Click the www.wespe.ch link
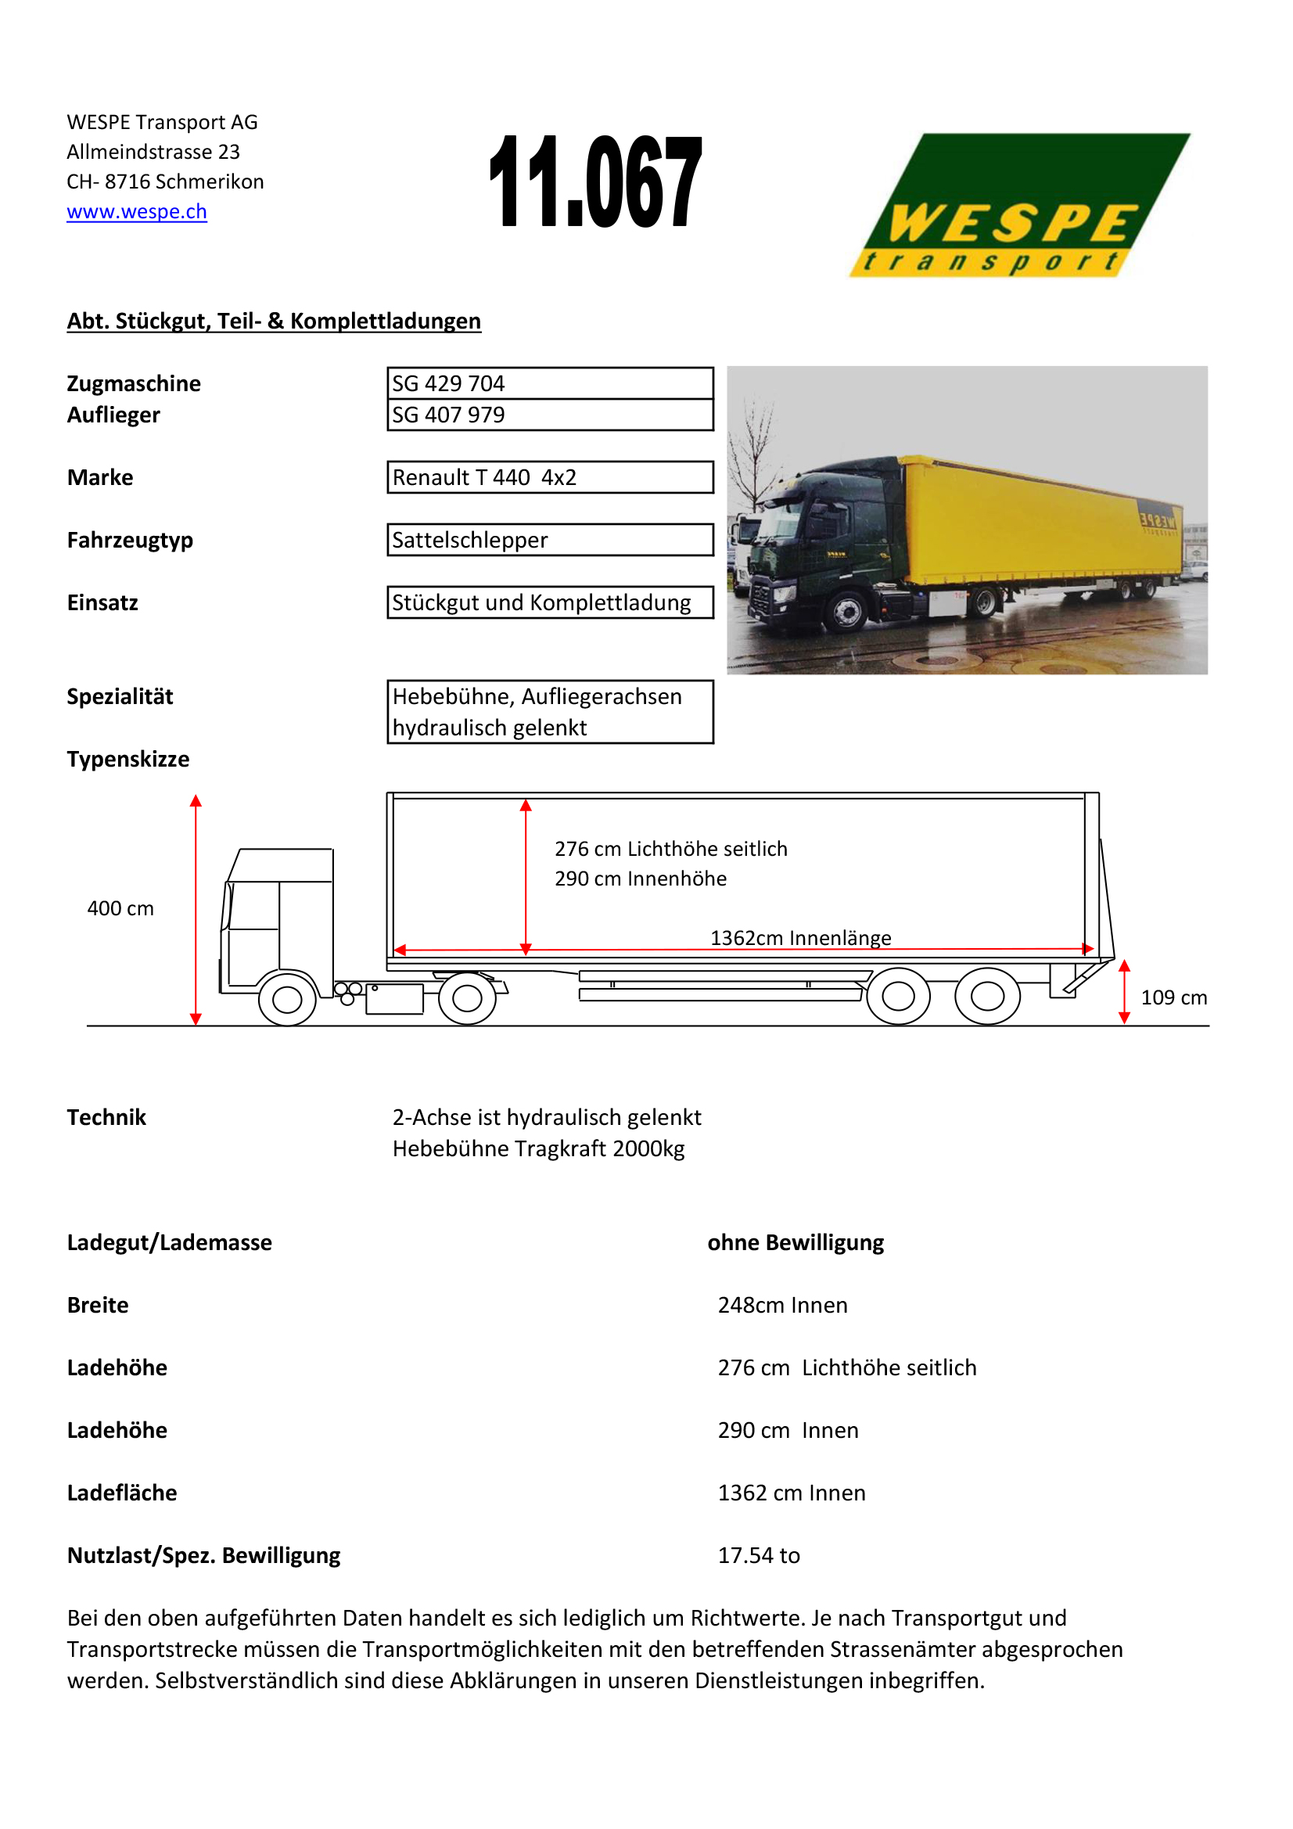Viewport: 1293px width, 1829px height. coord(137,211)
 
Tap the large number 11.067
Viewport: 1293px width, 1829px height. coord(595,181)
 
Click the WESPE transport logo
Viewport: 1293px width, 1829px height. coord(1019,206)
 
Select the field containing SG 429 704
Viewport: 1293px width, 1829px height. coord(550,383)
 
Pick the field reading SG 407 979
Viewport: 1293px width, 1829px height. coord(550,415)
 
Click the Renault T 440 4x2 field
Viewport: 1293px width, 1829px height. coord(550,477)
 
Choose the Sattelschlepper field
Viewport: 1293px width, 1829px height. coord(550,540)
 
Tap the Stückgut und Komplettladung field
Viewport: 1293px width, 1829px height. coord(550,602)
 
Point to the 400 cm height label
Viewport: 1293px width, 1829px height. coord(120,908)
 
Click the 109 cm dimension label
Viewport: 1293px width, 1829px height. coord(1173,997)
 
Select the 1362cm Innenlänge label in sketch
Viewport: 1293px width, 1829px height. coord(801,938)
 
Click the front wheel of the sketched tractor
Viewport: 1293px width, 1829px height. coord(288,998)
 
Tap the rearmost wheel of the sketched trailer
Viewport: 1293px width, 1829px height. coord(987,996)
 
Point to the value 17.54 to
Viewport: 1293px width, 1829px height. coord(759,1555)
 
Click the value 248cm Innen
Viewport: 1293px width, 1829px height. coord(782,1305)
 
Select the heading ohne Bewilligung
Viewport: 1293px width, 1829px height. coord(796,1243)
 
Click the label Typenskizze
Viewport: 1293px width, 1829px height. coord(128,759)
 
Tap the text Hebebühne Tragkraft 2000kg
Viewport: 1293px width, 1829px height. coord(538,1148)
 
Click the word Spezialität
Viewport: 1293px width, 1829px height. coord(120,696)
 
